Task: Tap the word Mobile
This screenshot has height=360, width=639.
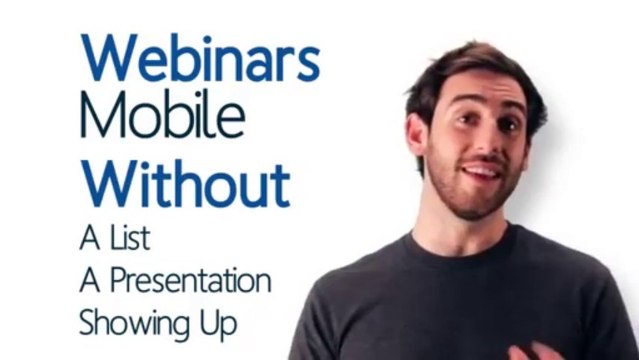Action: pos(162,118)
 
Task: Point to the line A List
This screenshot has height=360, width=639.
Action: pos(115,239)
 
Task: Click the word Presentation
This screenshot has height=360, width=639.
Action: pos(190,282)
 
